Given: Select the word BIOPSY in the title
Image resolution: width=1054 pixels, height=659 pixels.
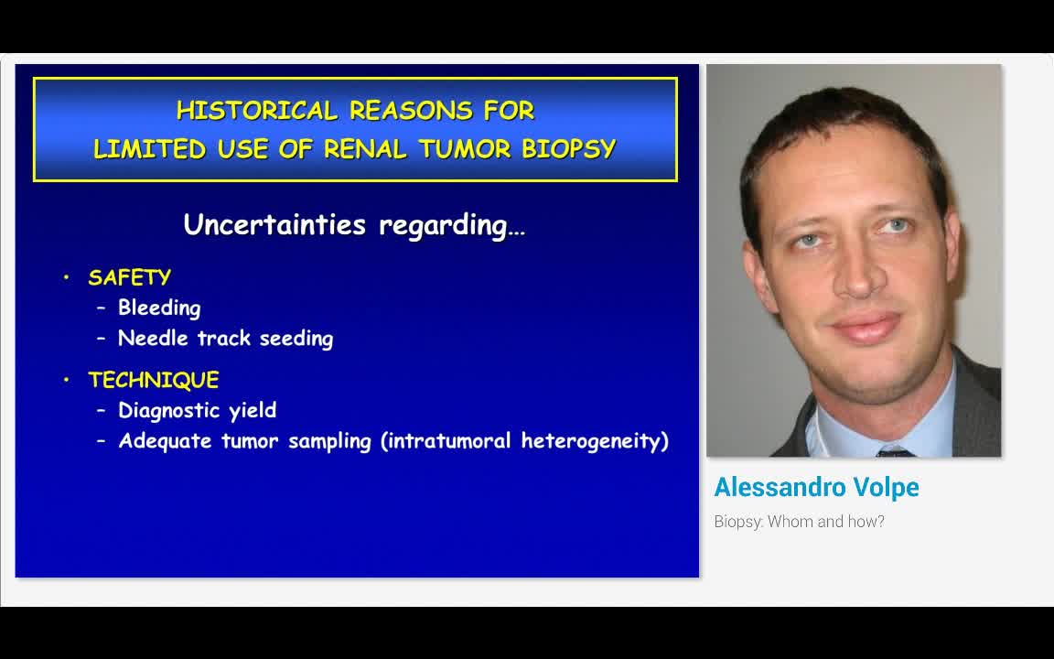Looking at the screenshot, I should click(x=568, y=149).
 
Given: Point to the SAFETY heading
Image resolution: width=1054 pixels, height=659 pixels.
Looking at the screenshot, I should click(x=129, y=277).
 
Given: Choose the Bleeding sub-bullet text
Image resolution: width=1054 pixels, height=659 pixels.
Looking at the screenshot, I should click(x=159, y=308).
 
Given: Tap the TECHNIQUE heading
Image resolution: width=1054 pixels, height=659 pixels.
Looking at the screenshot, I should click(x=153, y=380).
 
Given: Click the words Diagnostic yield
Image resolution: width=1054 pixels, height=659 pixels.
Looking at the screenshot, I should click(x=197, y=411).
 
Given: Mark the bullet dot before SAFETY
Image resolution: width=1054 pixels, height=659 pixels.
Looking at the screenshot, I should click(x=67, y=277).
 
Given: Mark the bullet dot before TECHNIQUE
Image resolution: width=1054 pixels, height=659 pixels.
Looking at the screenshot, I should click(x=67, y=380).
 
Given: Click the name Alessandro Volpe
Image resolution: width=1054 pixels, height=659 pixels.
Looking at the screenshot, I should click(x=816, y=488).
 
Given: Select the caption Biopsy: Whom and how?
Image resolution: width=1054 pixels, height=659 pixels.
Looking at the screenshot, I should click(x=799, y=522).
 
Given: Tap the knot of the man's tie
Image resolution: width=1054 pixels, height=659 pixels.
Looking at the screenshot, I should click(x=895, y=452).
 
